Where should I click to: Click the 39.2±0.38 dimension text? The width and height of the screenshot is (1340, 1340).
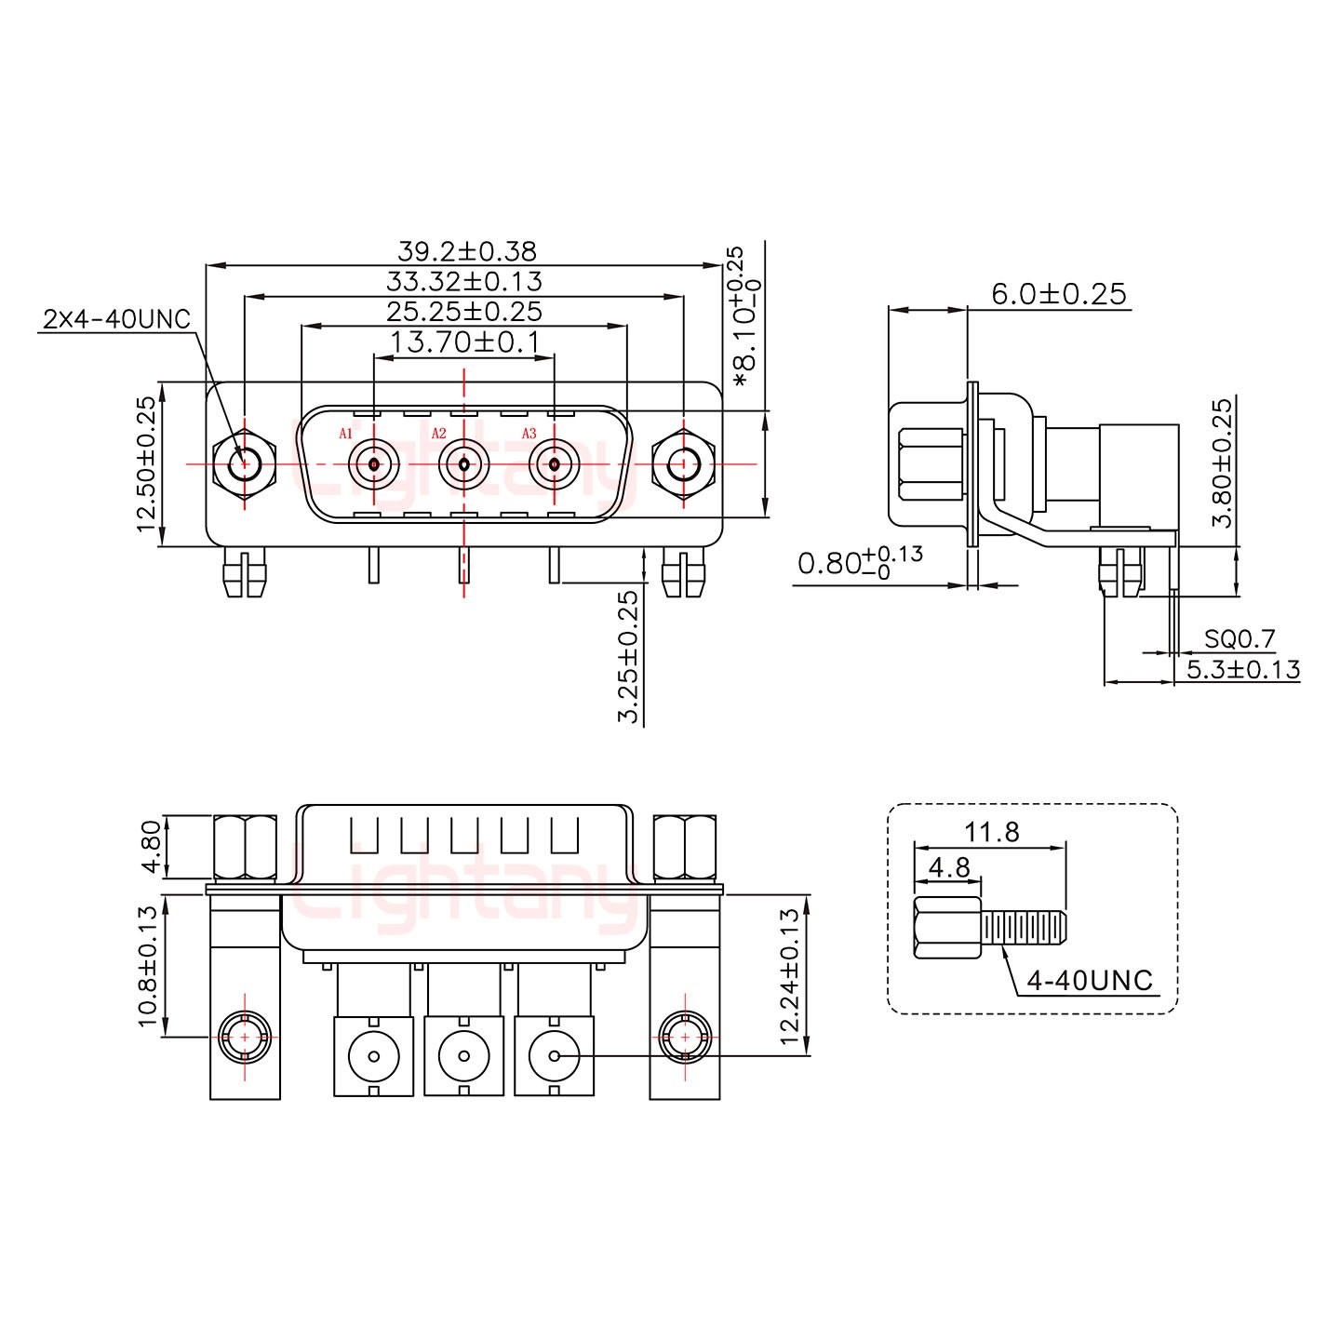coord(466,251)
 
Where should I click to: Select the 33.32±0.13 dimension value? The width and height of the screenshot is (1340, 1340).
coord(463,281)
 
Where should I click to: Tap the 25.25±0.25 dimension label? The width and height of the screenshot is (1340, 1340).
coord(463,311)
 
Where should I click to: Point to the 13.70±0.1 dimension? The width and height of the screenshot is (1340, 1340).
coord(463,342)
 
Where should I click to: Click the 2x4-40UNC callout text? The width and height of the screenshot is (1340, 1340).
coord(116,319)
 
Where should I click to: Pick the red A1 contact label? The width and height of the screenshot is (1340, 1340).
coord(345,434)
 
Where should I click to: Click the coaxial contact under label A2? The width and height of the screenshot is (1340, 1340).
coord(463,463)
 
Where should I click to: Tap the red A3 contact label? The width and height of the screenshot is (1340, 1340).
coord(529,434)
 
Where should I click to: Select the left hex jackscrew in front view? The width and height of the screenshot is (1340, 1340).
coord(244,463)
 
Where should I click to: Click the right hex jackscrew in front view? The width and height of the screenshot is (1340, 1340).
coord(684,463)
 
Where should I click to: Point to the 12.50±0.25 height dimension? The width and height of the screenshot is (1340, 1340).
coord(146,463)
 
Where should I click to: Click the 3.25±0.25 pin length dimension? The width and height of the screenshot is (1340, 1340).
coord(630,656)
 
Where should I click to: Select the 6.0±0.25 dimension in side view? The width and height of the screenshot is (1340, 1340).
coord(1058,294)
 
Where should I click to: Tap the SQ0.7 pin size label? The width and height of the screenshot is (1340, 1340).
coord(1239,638)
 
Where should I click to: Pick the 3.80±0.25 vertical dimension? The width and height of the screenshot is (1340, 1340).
coord(1223,462)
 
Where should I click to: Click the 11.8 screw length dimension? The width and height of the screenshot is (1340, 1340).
coord(992,831)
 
